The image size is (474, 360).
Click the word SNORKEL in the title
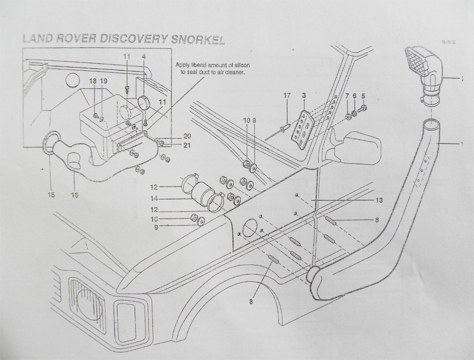coord(200,40)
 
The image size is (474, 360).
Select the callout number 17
coord(287,96)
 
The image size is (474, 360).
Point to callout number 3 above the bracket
coord(304,96)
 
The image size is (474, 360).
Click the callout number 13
coord(379,200)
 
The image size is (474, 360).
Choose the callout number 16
coord(74,195)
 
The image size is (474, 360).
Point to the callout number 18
coord(92,82)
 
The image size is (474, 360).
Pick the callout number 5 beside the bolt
coord(363,96)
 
